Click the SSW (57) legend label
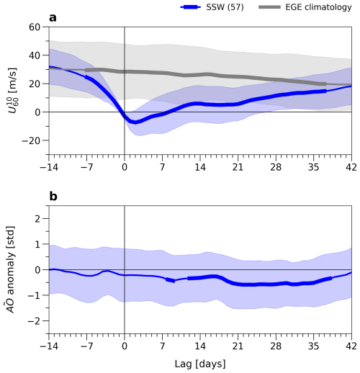pyautogui.click(x=225, y=7)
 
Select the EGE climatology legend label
pyautogui.click(x=318, y=7)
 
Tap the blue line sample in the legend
pyautogui.click(x=190, y=7)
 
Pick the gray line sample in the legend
pyautogui.click(x=269, y=7)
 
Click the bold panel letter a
pyautogui.click(x=53, y=18)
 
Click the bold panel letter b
pyautogui.click(x=53, y=197)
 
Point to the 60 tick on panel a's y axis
pyautogui.click(x=35, y=27)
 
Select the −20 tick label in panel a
pyautogui.click(x=31, y=140)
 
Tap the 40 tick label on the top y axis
pyautogui.click(x=35, y=55)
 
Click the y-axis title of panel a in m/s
pyautogui.click(x=13, y=91)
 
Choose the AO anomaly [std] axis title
pyautogui.click(x=10, y=269)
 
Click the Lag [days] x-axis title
pyautogui.click(x=200, y=364)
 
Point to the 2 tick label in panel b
pyautogui.click(x=37, y=219)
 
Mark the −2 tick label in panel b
pyautogui.click(x=34, y=321)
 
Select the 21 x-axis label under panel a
pyautogui.click(x=238, y=167)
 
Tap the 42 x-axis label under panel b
pyautogui.click(x=351, y=346)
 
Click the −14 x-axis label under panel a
pyautogui.click(x=49, y=167)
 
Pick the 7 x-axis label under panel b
pyautogui.click(x=163, y=346)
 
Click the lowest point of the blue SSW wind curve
pyautogui.click(x=135, y=122)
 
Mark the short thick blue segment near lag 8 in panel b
pyautogui.click(x=171, y=280)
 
